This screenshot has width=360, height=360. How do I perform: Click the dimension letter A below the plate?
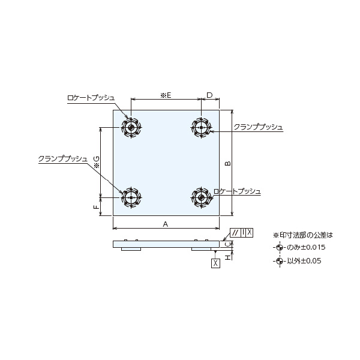pos(166,223)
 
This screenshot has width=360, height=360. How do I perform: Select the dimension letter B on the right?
pos(227,163)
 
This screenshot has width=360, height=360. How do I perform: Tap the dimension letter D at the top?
pos(209,95)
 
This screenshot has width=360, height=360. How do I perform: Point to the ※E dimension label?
pos(166,95)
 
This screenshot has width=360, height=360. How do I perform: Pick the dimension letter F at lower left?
pos(96,206)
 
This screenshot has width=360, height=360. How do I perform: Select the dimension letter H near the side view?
pos(227,256)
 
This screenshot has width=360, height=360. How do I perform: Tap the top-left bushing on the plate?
pos(131,127)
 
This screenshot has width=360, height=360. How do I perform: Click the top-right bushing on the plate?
pos(201,127)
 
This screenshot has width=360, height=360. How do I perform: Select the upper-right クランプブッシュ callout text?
pos(258,127)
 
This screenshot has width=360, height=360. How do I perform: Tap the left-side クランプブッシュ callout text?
pos(62,158)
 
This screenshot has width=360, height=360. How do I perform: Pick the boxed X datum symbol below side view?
pos(215,263)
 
